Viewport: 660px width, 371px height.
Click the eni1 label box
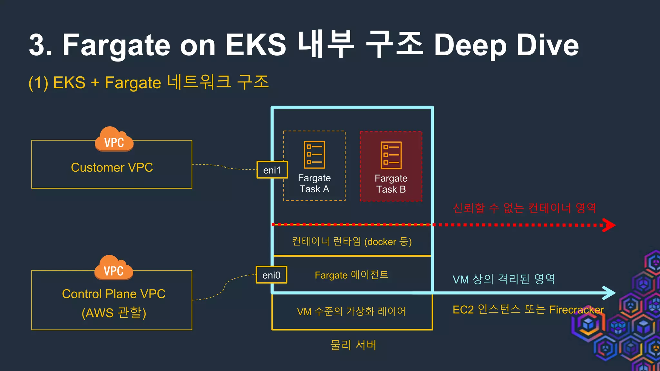click(x=272, y=170)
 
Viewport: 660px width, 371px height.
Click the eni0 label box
click(x=271, y=275)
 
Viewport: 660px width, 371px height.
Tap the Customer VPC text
click(x=112, y=167)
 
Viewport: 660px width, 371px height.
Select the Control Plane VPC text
click(x=113, y=294)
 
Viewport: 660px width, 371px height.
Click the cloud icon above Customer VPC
click(x=114, y=139)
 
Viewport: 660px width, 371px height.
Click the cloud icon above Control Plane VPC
click(x=114, y=268)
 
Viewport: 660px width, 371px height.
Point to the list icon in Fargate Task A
click(x=314, y=155)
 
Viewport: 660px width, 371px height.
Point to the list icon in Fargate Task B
click(x=391, y=155)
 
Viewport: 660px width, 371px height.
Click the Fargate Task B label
click(x=391, y=184)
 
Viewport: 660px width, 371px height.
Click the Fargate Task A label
click(x=314, y=183)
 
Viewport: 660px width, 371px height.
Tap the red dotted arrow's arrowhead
click(x=609, y=225)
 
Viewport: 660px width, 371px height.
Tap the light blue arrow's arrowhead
click(x=609, y=293)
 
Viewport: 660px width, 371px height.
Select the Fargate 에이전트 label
click(x=352, y=275)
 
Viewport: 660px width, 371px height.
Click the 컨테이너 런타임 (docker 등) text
click(x=352, y=242)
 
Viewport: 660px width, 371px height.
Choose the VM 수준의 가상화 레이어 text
click(x=351, y=311)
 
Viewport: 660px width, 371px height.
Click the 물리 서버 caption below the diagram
click(x=353, y=345)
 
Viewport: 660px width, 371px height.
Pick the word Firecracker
click(x=577, y=310)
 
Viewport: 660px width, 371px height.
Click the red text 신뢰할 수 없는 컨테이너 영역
click(x=524, y=208)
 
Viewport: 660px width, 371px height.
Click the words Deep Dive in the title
click(x=506, y=45)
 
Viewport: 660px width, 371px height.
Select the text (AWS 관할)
click(x=114, y=313)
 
